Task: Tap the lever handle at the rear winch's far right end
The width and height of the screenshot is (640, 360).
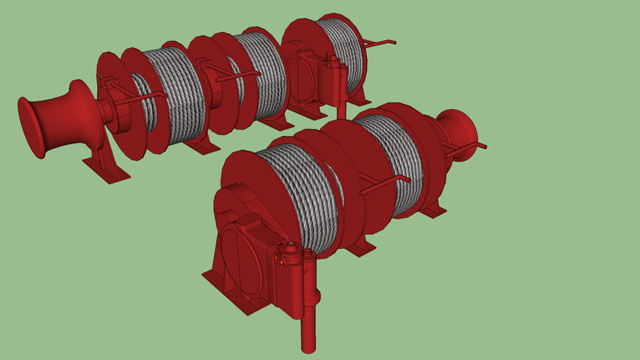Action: coord(380,44)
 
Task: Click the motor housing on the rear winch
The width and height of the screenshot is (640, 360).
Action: coord(306,81)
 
